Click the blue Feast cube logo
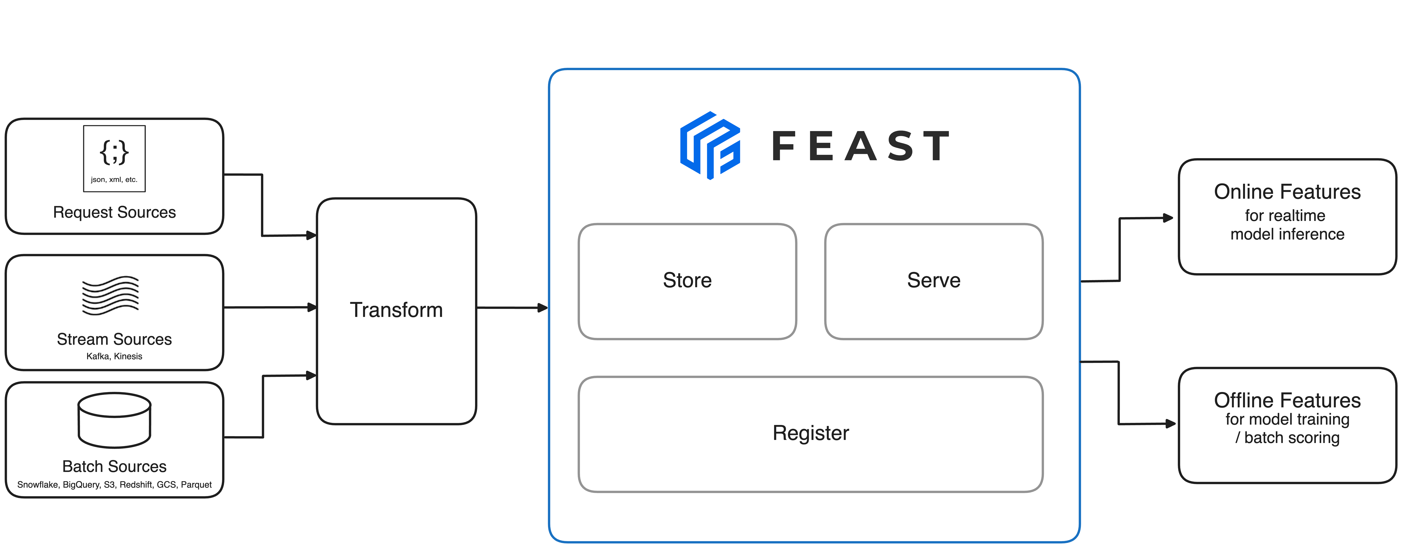point(710,145)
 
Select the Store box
point(687,281)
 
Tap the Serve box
point(933,281)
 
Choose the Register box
point(810,434)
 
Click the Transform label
point(396,310)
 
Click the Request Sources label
point(114,212)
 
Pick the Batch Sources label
point(114,466)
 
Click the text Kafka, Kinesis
point(114,356)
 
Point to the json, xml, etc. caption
point(114,179)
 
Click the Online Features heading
point(1287,192)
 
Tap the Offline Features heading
point(1287,400)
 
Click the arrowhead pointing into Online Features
point(1168,218)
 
